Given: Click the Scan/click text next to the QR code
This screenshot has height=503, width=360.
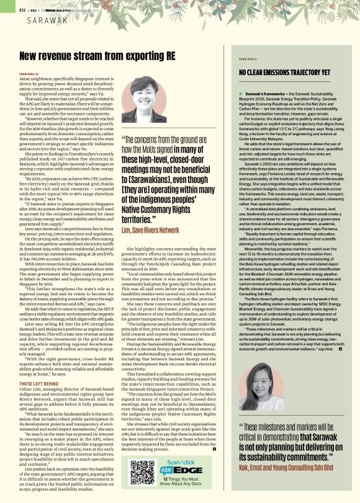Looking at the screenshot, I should pos(186,462).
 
